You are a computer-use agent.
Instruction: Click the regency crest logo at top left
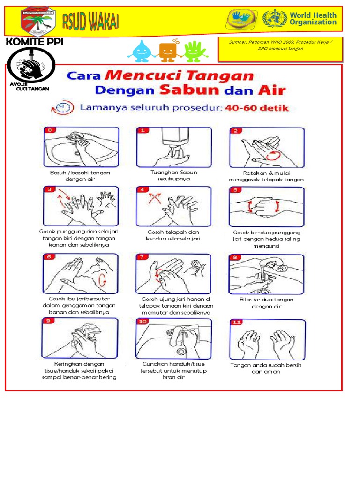click(x=39, y=22)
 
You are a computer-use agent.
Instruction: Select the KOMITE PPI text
click(x=34, y=43)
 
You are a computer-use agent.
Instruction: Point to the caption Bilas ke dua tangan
click(x=266, y=303)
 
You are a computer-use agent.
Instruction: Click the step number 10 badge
click(x=142, y=322)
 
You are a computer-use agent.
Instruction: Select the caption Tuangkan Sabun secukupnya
click(x=173, y=175)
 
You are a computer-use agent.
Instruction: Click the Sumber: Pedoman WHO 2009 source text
click(x=279, y=45)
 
